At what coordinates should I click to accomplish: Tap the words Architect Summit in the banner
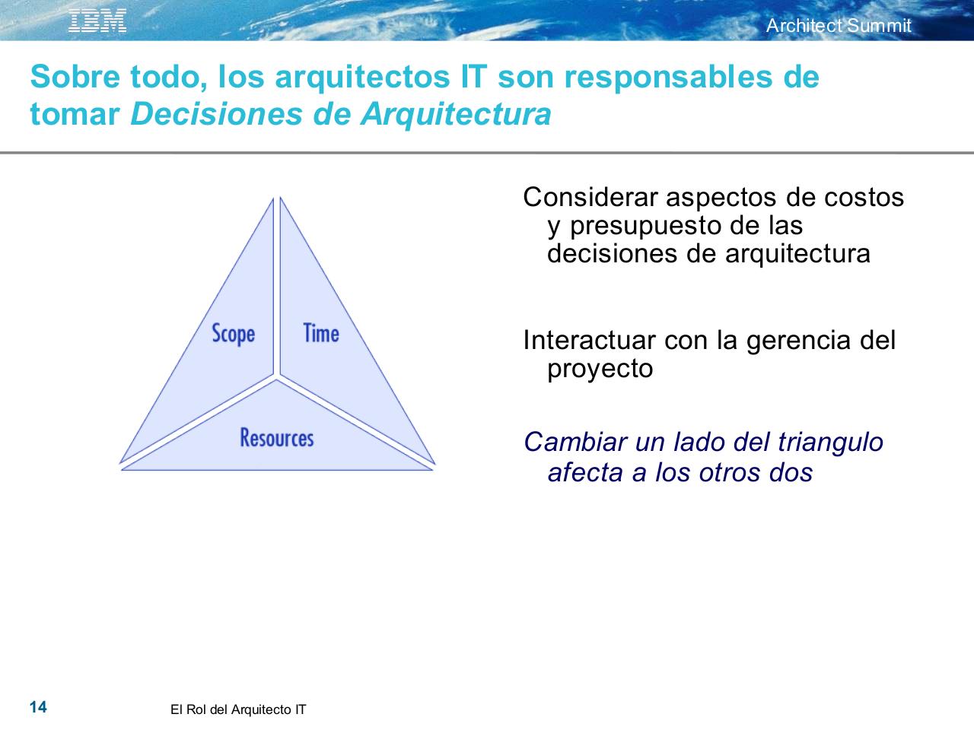click(838, 26)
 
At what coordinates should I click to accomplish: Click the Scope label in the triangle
click(233, 334)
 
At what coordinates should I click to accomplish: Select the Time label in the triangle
click(321, 333)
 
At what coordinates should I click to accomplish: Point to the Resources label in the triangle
click(277, 438)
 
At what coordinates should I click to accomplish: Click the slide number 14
click(38, 708)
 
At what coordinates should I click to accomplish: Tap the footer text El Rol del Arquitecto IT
click(238, 710)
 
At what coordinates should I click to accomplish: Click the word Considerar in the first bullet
click(590, 198)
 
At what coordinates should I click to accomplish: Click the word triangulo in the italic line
click(830, 442)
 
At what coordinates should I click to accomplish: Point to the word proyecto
click(600, 369)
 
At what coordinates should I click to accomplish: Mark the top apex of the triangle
click(277, 198)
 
